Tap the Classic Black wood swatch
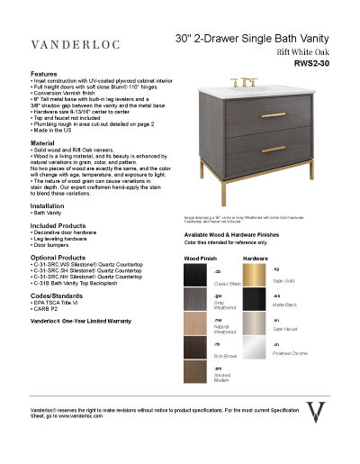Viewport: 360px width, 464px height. point(198,277)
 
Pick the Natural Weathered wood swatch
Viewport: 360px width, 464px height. point(198,325)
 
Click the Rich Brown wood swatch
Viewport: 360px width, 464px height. point(198,350)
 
